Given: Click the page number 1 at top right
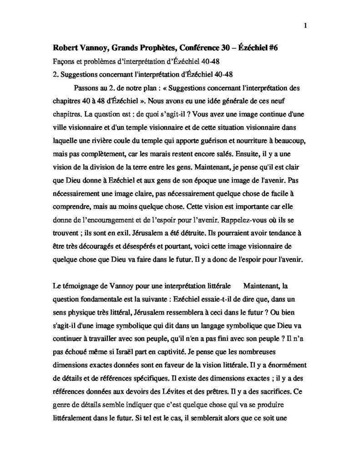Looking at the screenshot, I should coord(304,25).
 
